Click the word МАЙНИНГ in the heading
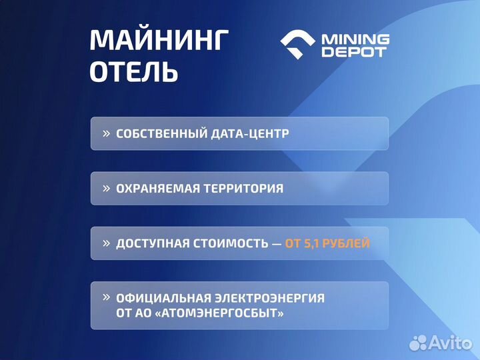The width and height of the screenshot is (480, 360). click(159, 41)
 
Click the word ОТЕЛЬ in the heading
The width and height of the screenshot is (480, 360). click(134, 72)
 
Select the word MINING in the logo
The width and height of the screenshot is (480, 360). click(355, 39)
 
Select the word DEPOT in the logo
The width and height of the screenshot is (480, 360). click(354, 52)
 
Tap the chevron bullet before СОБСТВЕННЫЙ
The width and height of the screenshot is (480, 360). click(106, 133)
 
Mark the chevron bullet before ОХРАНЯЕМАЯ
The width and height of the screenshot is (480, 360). click(106, 188)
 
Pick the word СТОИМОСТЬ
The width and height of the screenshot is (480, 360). click(231, 243)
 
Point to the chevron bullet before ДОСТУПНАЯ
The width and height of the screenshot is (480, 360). click(106, 243)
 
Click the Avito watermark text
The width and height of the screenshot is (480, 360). click(451, 343)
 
